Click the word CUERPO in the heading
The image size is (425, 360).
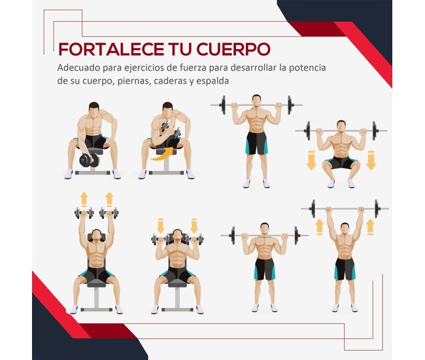point(233,49)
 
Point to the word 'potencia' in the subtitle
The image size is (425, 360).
point(307,68)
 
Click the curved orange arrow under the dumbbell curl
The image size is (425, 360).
point(162,155)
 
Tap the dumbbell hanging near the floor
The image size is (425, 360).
point(89,160)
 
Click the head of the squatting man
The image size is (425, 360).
point(341,127)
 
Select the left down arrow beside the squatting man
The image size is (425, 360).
point(311,160)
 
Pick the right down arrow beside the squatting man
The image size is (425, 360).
point(371,160)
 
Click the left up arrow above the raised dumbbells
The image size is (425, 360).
point(84,199)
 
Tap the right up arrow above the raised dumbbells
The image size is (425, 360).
point(109,199)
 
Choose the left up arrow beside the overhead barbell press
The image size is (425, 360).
point(320,227)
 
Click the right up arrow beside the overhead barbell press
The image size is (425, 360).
point(370,227)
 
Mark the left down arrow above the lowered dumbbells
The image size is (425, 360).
point(160,225)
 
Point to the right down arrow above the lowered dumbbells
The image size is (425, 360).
point(194,225)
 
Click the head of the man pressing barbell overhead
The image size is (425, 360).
point(345,229)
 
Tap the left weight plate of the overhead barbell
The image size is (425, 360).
point(313,209)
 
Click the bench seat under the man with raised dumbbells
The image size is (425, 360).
point(97,284)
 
